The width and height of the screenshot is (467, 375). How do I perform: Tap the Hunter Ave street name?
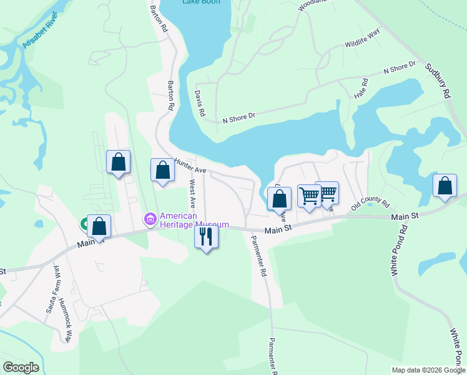pyautogui.click(x=190, y=166)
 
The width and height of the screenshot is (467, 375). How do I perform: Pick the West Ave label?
pyautogui.click(x=192, y=194)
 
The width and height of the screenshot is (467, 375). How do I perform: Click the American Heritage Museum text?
pyautogui.click(x=194, y=220)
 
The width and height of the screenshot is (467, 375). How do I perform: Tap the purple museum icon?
pyautogui.click(x=150, y=219)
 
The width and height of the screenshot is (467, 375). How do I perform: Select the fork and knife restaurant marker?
pyautogui.click(x=207, y=236)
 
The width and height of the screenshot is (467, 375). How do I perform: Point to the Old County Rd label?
pyautogui.click(x=370, y=206)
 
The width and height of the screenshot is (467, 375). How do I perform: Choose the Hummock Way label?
pyautogui.click(x=65, y=320)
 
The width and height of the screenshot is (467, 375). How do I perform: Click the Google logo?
pyautogui.click(x=21, y=367)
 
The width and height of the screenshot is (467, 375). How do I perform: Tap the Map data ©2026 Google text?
pyautogui.click(x=428, y=370)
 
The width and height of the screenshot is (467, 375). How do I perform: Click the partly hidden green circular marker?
pyautogui.click(x=84, y=223)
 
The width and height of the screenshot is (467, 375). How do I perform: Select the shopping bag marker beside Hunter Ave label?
pyautogui.click(x=162, y=169)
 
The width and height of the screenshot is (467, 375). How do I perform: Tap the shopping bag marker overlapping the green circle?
pyautogui.click(x=99, y=226)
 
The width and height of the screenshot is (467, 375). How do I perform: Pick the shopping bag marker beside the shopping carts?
pyautogui.click(x=280, y=198)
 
